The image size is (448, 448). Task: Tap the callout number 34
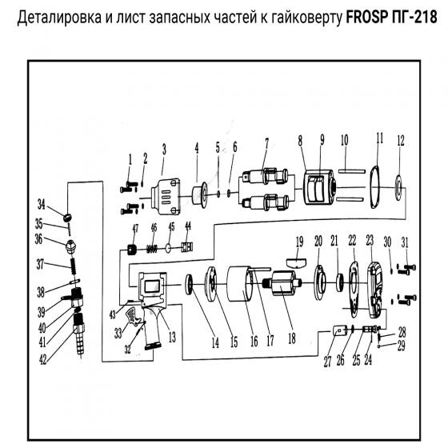tap(41, 204)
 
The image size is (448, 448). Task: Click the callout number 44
tap(188, 226)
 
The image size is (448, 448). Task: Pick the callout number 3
tap(163, 149)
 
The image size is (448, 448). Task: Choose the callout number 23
tap(370, 241)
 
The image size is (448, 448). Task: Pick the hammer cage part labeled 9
tap(318, 192)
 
